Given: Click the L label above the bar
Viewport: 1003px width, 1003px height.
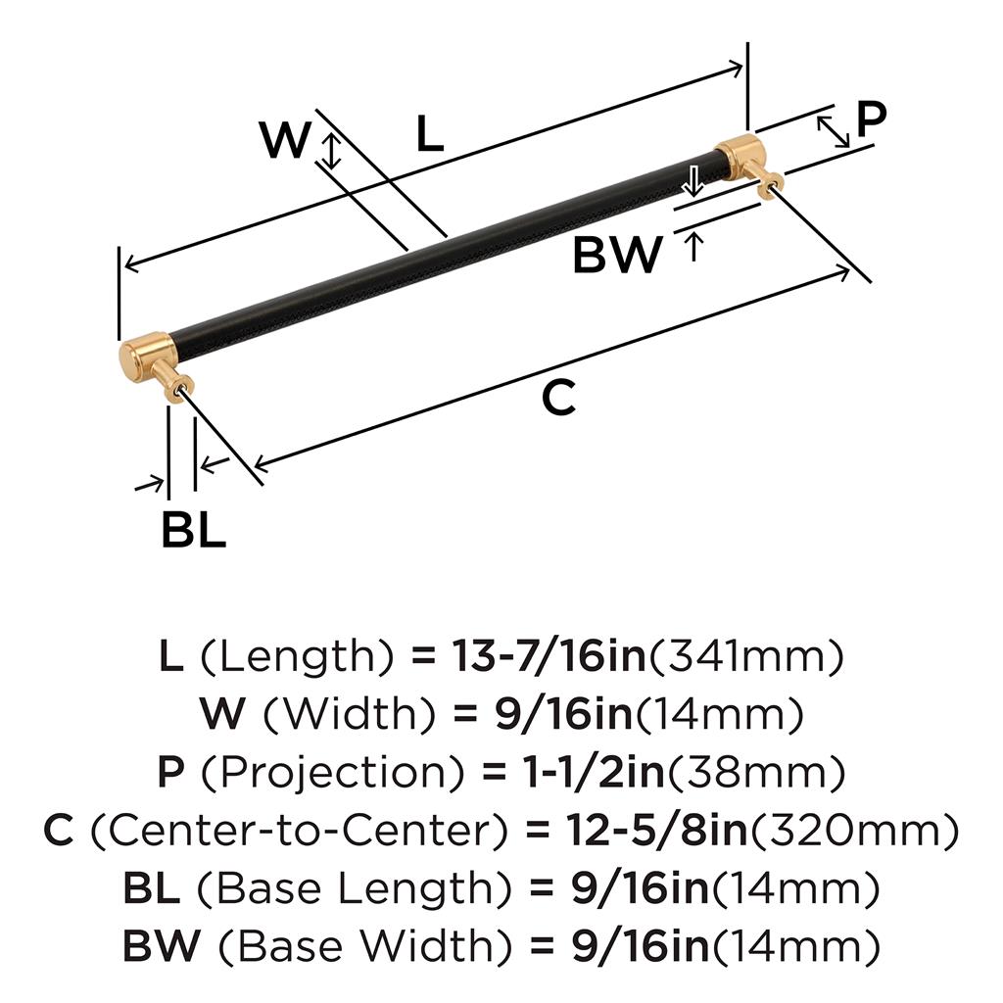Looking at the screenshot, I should coord(428,134).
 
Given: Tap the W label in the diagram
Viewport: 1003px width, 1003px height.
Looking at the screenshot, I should coord(285,142).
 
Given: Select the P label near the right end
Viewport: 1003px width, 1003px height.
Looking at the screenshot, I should coord(871,119).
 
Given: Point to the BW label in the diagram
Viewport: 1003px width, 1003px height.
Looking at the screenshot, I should coord(617,257).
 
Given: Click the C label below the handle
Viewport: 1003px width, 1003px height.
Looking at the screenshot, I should coord(558,399).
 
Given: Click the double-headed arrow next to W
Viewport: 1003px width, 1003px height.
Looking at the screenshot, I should coord(332,152).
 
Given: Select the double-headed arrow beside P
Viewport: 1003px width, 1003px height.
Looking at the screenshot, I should coord(834,131).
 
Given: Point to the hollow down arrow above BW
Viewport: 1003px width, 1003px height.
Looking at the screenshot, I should coord(693,181).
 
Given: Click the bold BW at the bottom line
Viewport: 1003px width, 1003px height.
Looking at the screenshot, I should coord(162,946).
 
